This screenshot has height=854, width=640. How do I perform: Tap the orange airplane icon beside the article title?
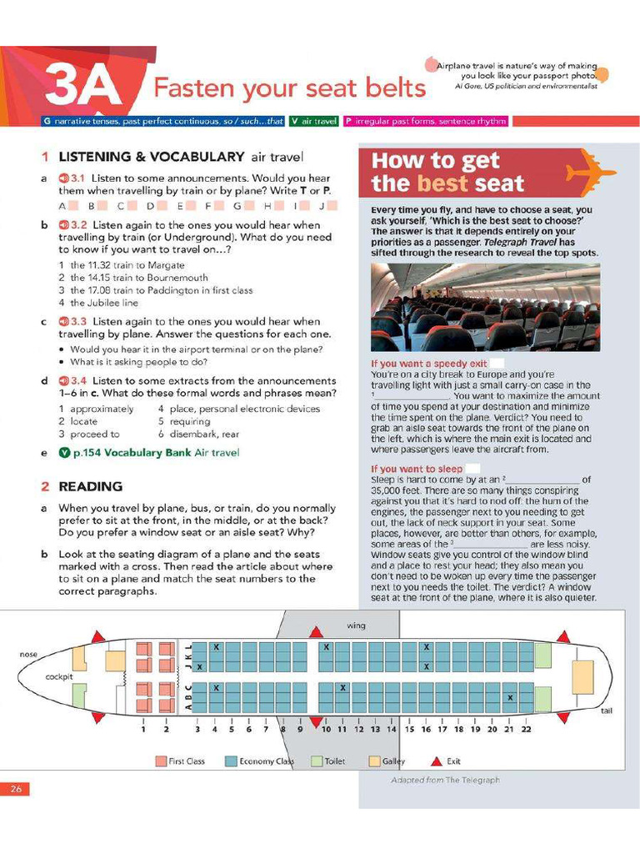point(591,170)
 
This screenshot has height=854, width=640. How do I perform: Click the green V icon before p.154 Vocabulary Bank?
point(64,453)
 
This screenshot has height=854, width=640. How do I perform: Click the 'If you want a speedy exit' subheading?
point(429,364)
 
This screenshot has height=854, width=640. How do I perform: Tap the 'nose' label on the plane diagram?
point(28,655)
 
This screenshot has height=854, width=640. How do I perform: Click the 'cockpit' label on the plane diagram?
point(59,677)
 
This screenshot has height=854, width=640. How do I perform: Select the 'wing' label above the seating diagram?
point(356,625)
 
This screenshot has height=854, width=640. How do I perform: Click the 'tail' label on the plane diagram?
point(607,711)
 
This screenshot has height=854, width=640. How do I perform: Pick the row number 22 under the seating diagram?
point(526,729)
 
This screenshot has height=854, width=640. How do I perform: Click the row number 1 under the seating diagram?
point(143,729)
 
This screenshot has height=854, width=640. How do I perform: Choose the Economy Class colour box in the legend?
point(231,761)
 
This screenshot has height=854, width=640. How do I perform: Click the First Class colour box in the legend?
point(161,761)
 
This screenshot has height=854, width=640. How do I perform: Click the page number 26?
point(15,788)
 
